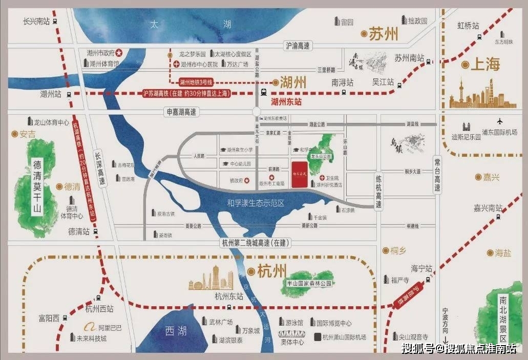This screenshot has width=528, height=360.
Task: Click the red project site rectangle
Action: tap(300, 174)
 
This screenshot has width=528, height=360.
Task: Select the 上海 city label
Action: tap(485, 65)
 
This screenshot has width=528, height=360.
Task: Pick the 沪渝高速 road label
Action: tap(297, 46)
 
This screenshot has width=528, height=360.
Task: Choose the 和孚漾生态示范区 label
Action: tap(256, 203)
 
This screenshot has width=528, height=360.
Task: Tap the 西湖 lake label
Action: tap(176, 331)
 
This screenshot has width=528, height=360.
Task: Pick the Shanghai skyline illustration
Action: tap(475, 96)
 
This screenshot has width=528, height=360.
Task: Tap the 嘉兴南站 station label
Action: tap(488, 208)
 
